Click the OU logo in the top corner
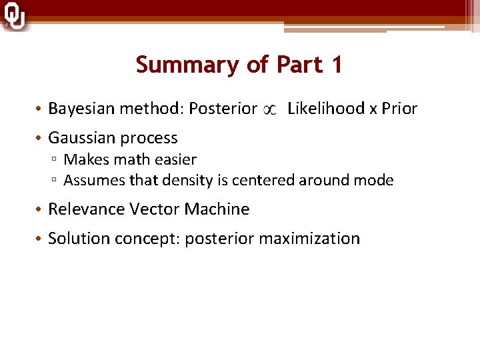point(14,16)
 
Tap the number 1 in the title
point(335,65)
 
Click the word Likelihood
point(325,108)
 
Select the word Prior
point(399,108)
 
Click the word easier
point(175,160)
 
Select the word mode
point(374,181)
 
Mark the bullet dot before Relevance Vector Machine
point(40,210)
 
